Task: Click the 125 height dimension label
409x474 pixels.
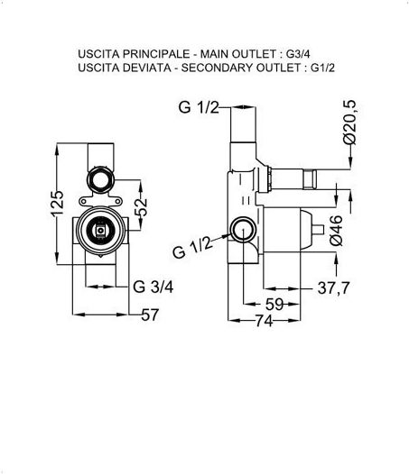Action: [x=57, y=204]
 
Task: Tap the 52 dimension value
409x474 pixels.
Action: [x=141, y=207]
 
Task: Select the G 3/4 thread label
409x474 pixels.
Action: [x=153, y=287]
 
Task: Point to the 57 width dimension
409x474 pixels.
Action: [x=150, y=314]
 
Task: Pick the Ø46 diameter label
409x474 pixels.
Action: [x=336, y=230]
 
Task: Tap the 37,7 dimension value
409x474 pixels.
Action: [x=333, y=287]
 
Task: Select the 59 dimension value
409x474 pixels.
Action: [x=274, y=304]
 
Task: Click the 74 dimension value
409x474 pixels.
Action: [x=265, y=321]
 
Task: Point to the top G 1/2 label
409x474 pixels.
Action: [x=199, y=107]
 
